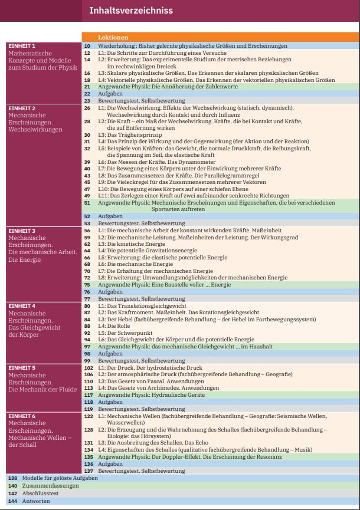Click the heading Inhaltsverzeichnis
click(130, 10)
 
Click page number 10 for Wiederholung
click(87, 45)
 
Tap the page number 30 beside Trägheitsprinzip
click(87, 135)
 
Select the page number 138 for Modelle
click(12, 478)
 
